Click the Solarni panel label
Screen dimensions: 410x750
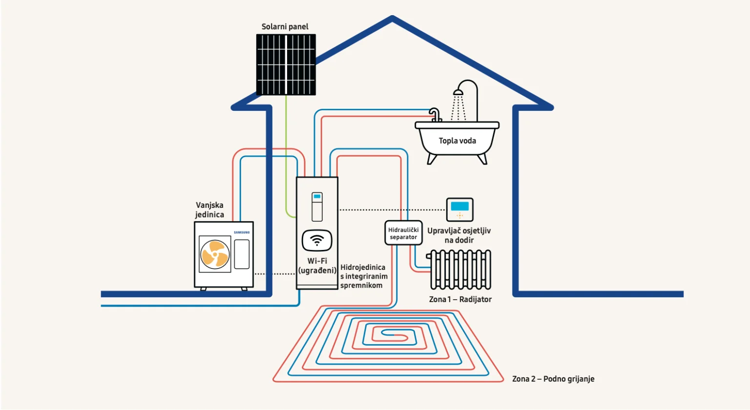[285, 26]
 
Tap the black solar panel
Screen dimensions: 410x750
[286, 64]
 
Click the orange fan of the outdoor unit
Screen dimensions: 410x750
[215, 254]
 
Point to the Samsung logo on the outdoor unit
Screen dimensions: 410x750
[242, 232]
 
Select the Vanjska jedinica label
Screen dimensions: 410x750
[209, 210]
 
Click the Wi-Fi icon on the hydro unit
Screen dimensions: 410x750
[317, 240]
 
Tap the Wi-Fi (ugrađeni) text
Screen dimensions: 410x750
[317, 266]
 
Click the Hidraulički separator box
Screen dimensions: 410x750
[403, 233]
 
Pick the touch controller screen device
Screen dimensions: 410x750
[459, 209]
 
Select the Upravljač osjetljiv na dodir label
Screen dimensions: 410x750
[459, 235]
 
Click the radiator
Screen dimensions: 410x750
[460, 270]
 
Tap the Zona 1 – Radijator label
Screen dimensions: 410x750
[460, 299]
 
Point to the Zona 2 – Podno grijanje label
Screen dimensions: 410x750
[553, 379]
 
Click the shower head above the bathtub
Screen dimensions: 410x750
[458, 92]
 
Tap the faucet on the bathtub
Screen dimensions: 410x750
[435, 115]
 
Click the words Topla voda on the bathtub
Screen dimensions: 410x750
[457, 141]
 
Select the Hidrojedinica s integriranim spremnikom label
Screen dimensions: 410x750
[364, 276]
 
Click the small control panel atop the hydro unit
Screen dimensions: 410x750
[317, 206]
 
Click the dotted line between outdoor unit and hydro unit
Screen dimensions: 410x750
[275, 274]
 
